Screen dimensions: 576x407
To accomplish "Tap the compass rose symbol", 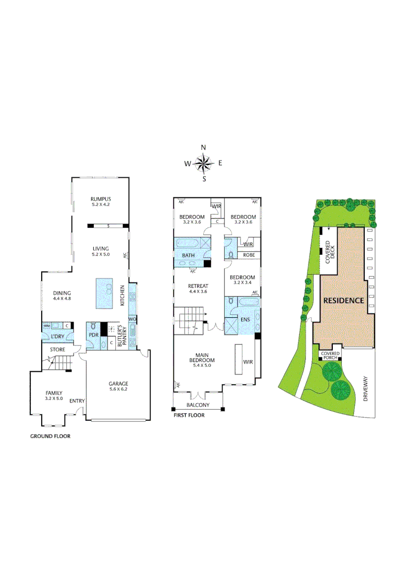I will click(203, 163).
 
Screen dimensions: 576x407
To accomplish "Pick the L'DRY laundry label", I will click(58, 337).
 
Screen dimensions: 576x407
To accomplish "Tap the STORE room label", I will click(58, 350).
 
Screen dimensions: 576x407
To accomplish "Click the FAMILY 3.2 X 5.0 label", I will click(53, 395).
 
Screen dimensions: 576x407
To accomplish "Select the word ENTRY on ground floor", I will click(77, 401).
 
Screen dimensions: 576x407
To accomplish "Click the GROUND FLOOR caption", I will click(50, 436).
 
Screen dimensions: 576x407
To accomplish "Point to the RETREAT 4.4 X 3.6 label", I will click(197, 289).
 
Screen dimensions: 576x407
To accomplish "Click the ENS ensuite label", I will click(246, 319).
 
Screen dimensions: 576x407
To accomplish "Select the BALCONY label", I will click(198, 405).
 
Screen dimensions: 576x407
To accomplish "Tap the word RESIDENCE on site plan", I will click(344, 300).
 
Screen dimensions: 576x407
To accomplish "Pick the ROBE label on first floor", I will click(249, 255).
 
